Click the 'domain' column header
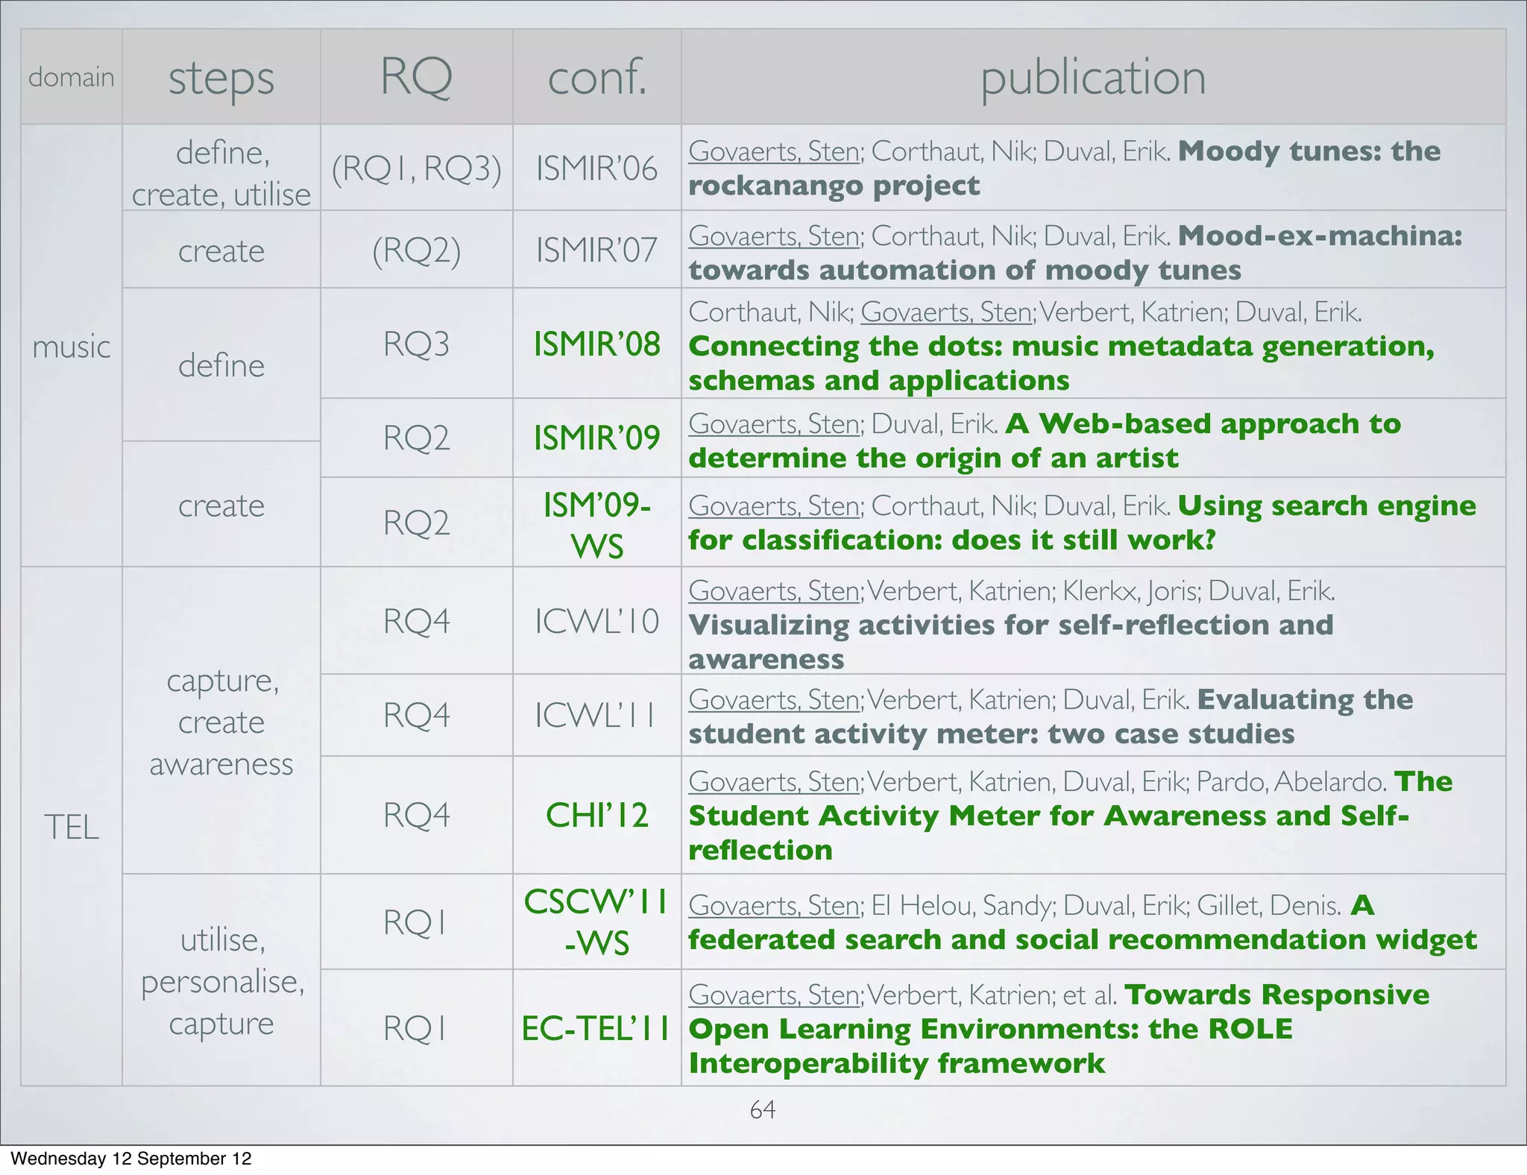point(71,77)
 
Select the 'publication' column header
point(1092,77)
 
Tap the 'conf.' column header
point(596,77)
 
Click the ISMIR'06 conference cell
point(596,168)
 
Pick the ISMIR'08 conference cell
point(596,344)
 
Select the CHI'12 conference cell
point(596,815)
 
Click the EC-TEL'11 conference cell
point(596,1028)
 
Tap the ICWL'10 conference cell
point(596,621)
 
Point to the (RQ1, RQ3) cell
point(416,168)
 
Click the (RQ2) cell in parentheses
point(416,251)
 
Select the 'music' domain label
point(71,347)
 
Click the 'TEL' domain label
point(71,827)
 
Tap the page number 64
point(762,1109)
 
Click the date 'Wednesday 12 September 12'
point(131,1159)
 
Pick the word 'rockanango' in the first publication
point(775,185)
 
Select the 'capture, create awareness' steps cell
point(221,722)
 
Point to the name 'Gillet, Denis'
point(1268,905)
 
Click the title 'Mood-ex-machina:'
point(1320,236)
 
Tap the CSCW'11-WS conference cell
point(596,922)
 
